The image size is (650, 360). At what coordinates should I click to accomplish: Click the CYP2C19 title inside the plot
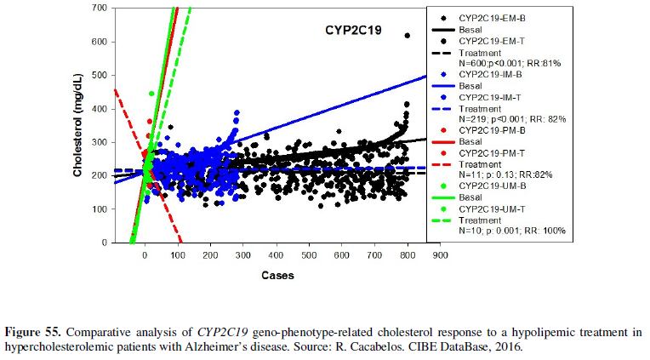tap(353, 30)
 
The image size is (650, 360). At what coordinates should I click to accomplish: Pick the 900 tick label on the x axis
tap(440, 254)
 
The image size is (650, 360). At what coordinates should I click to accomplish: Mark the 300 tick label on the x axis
tap(242, 254)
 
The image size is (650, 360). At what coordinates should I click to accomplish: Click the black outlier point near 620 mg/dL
tap(408, 36)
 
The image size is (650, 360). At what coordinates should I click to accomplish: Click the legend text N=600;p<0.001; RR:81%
tap(510, 63)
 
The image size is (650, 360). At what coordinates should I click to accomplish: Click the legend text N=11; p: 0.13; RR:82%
tap(505, 174)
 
